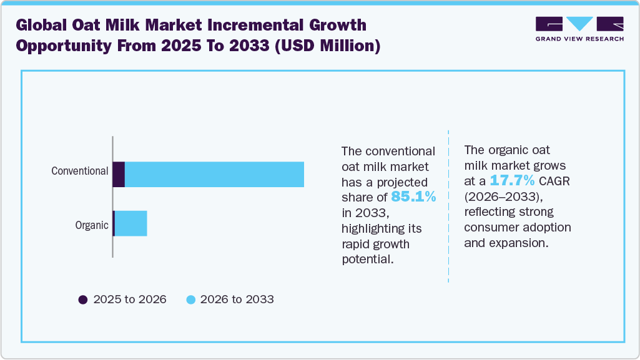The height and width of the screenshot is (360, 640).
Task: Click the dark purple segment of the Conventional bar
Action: (119, 174)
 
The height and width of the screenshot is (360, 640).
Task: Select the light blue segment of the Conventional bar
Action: (214, 174)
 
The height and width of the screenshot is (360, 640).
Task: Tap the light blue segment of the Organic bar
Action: (131, 223)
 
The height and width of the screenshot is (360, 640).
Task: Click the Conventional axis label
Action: (79, 170)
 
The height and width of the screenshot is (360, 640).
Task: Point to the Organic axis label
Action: (92, 225)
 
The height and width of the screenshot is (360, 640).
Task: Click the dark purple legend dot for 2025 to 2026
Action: (83, 299)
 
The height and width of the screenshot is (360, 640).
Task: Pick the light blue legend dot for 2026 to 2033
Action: (191, 299)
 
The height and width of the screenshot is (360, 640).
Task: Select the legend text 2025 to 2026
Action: (130, 299)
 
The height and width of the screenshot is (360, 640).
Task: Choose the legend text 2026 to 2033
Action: (237, 299)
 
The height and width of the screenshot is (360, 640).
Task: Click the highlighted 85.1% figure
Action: (413, 197)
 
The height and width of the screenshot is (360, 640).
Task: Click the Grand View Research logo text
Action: (579, 39)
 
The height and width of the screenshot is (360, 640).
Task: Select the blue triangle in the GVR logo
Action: (579, 24)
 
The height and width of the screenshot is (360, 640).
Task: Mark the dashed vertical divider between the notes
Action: (449, 206)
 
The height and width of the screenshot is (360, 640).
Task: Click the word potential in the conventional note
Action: (368, 258)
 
